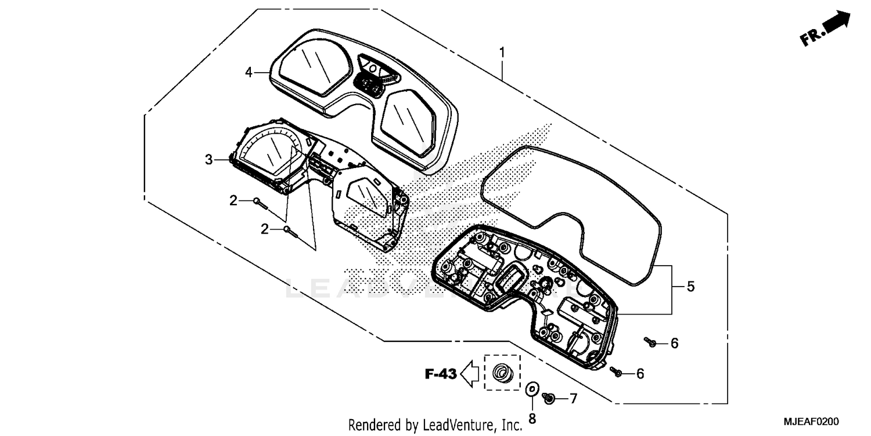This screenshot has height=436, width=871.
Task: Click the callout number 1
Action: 502,53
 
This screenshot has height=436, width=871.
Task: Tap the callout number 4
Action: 249,73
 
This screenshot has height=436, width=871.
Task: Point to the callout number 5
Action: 690,287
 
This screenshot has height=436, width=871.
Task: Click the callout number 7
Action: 573,398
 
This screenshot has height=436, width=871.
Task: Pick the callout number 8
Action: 532,418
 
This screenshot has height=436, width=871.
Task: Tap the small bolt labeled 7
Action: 548,397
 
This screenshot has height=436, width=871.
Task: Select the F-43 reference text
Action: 440,374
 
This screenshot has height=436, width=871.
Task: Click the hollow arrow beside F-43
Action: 469,373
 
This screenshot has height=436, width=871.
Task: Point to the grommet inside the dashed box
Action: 500,372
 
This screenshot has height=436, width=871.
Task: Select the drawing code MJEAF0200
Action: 813,421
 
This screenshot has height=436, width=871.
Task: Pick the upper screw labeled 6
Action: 651,343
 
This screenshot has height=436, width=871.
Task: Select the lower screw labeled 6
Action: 618,373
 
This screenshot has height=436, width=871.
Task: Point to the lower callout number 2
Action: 265,229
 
